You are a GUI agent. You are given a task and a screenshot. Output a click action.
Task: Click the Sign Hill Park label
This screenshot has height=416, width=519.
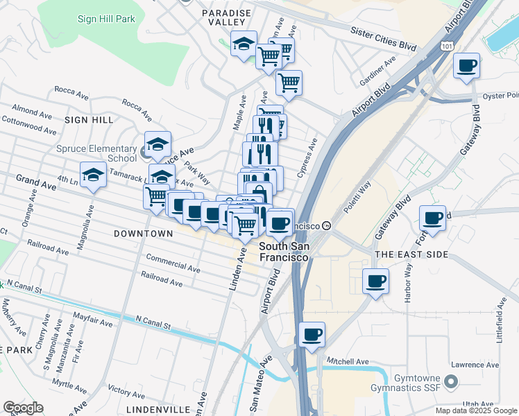pyautogui.click(x=106, y=19)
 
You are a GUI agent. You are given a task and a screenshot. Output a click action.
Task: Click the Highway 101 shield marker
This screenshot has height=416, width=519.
pyautogui.click(x=447, y=46)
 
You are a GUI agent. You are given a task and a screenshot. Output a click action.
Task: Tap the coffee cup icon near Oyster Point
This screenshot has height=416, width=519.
pyautogui.click(x=467, y=67)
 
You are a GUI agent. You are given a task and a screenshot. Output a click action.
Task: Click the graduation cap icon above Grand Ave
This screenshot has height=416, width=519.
pyautogui.click(x=93, y=175)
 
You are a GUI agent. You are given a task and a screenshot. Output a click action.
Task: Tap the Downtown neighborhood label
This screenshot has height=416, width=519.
pyautogui.click(x=144, y=234)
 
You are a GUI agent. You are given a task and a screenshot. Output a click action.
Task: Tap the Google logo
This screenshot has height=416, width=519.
pyautogui.click(x=24, y=408)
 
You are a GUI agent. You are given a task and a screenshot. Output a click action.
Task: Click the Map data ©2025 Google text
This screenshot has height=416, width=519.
pyautogui.click(x=476, y=410)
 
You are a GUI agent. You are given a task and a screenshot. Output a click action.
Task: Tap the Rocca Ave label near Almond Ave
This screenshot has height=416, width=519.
pyautogui.click(x=72, y=91)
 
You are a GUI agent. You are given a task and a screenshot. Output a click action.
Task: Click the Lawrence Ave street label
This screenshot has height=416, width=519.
pyautogui.click(x=475, y=365)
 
